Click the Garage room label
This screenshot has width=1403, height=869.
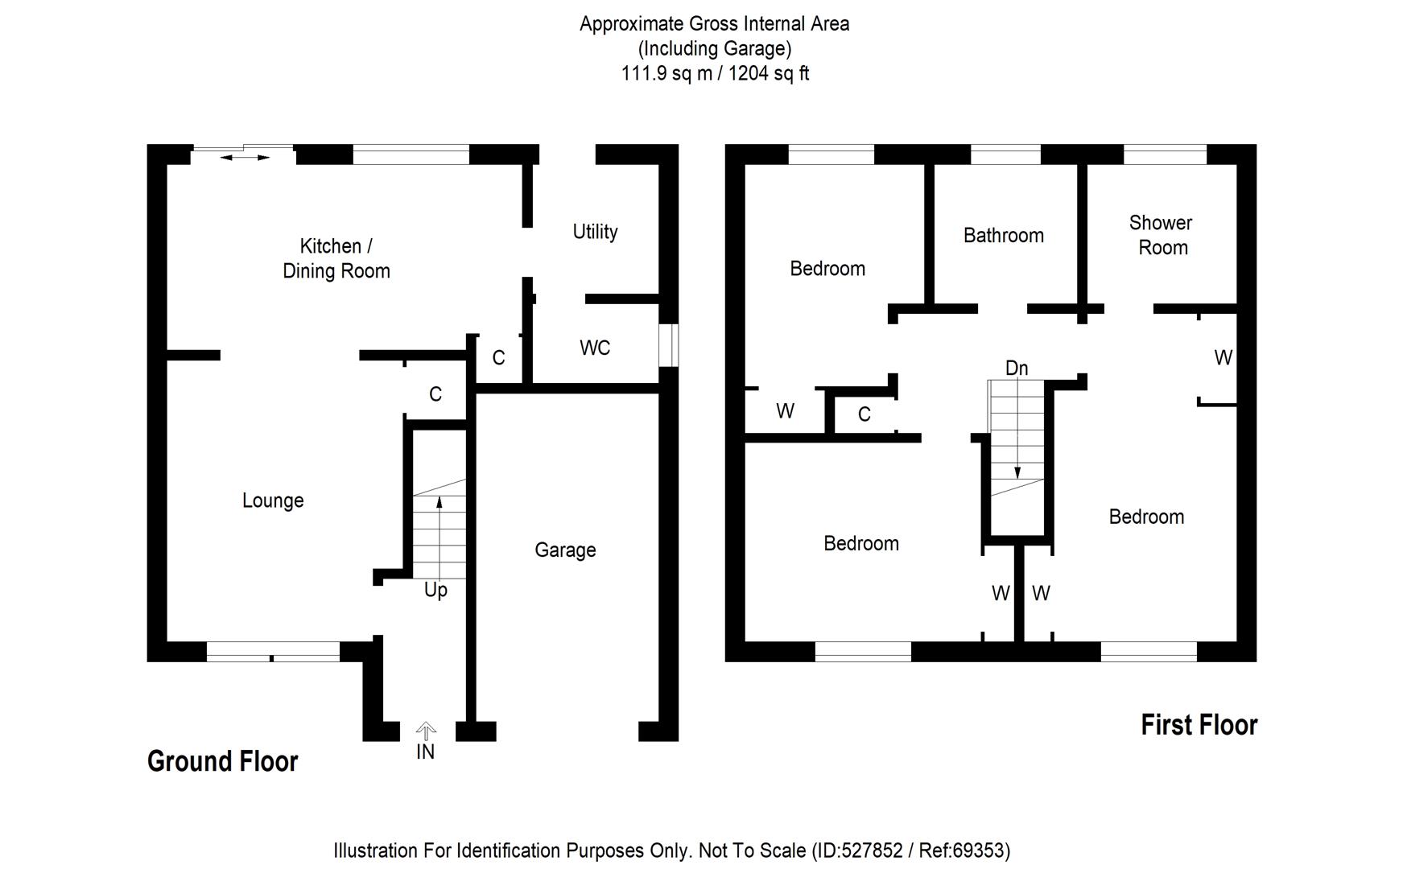coord(565,550)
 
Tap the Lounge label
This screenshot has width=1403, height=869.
coord(273,500)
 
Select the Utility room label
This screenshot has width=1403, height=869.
coord(595,232)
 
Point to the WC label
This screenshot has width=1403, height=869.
coord(595,348)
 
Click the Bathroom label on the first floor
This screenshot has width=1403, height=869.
coord(1003,236)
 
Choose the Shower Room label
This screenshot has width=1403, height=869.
coord(1162,235)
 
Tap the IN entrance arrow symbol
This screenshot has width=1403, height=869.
coord(426,731)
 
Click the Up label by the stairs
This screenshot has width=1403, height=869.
coord(435,591)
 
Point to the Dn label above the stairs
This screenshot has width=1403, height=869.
coord(1017,369)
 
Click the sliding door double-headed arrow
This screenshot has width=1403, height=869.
coord(245,158)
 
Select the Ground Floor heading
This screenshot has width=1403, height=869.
coord(222,761)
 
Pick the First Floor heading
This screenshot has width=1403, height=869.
coord(1199,725)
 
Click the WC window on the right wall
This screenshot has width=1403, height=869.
coord(669,345)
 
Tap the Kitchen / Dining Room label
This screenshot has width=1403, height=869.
coord(336,258)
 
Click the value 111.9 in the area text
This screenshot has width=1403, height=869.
coord(645,74)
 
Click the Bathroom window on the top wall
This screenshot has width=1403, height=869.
coord(1005,154)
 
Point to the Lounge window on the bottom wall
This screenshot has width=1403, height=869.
coord(273,651)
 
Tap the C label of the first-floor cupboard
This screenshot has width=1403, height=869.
coord(864,414)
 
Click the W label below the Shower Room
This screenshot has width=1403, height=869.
coord(1223,358)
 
